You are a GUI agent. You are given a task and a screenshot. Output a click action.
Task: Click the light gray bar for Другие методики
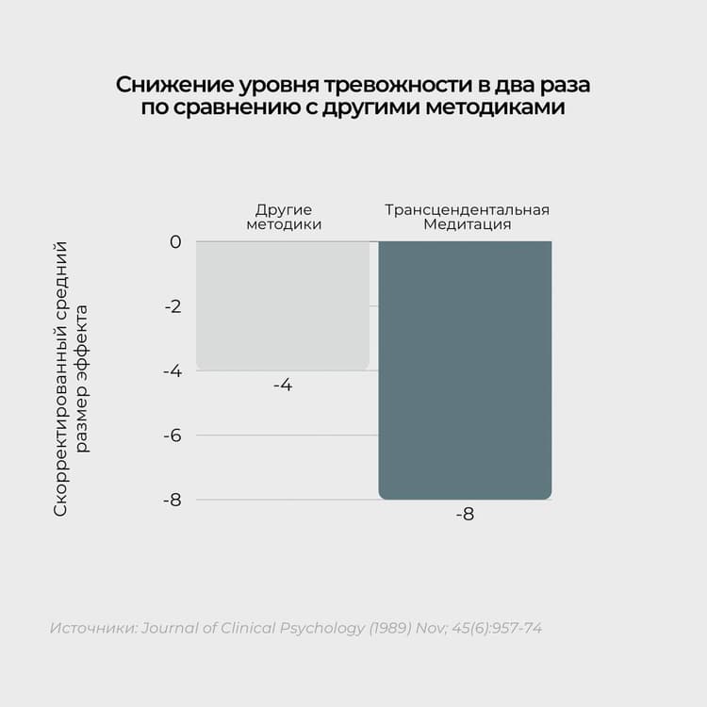(x=283, y=305)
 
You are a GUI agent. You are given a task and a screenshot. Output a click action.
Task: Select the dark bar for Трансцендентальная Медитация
(x=465, y=370)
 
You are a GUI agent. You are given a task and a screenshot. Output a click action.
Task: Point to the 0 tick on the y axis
(x=174, y=242)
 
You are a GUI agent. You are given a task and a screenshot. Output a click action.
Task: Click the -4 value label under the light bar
(x=283, y=386)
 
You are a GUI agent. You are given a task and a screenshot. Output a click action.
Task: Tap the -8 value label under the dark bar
(x=465, y=516)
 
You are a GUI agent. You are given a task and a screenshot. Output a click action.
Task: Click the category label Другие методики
(x=283, y=217)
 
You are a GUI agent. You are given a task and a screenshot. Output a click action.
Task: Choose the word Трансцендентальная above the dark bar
(x=467, y=209)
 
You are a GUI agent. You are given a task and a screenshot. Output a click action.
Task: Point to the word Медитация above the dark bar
(x=467, y=225)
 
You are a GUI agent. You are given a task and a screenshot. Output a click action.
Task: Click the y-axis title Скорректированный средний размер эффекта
(x=71, y=377)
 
